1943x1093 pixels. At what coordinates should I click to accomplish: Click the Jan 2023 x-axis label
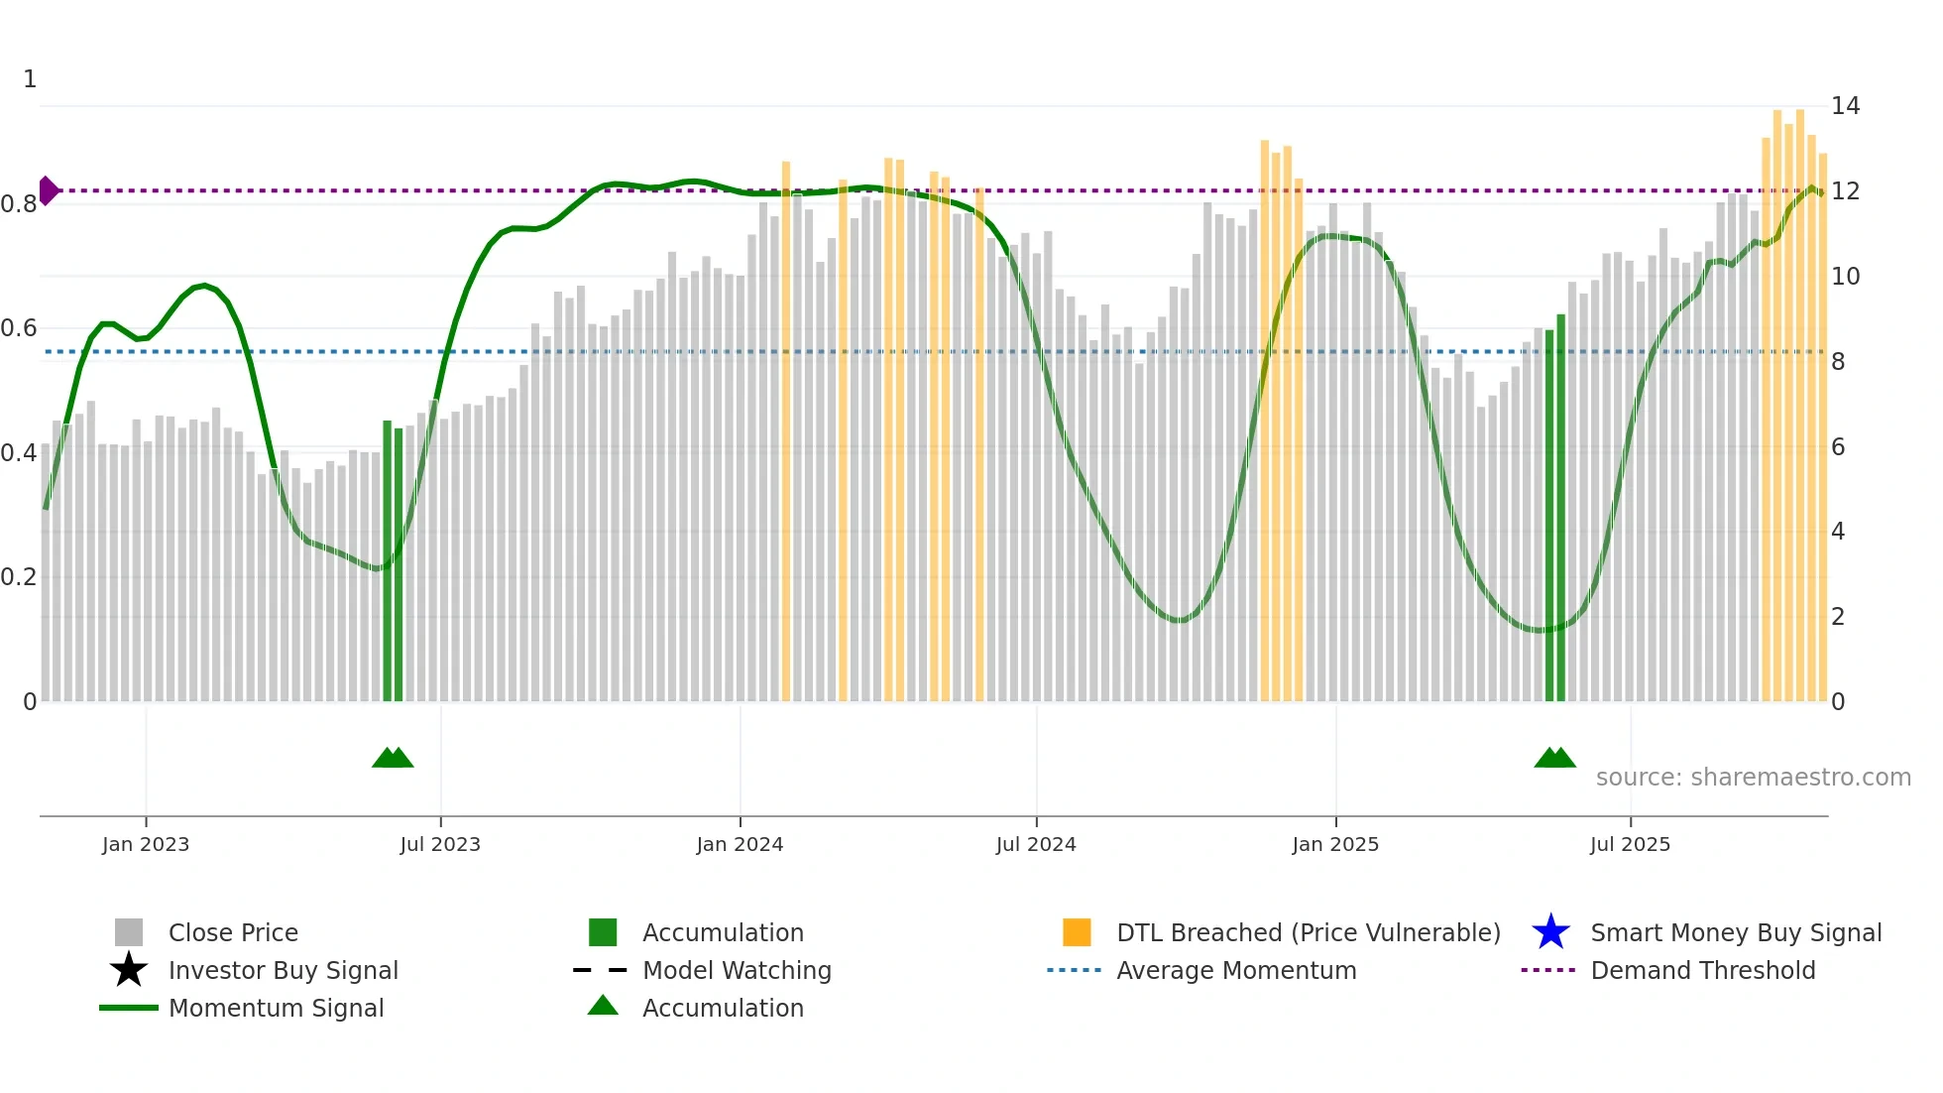146,844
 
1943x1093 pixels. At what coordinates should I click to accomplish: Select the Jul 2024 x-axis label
1036,844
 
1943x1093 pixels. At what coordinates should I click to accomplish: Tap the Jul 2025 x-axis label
1630,844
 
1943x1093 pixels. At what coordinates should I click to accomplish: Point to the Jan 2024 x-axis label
740,844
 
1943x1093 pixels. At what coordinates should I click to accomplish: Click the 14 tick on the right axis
1845,106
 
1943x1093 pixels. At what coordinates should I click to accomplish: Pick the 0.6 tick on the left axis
20,327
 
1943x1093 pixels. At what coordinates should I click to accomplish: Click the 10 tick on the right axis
1845,277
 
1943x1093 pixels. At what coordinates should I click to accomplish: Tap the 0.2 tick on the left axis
20,577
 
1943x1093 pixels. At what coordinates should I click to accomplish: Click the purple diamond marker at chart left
48,190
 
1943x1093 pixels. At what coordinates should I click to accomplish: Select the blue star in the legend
1550,932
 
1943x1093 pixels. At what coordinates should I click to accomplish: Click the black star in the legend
129,970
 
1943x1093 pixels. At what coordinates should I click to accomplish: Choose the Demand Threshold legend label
1702,970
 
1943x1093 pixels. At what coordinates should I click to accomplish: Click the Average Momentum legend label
1236,970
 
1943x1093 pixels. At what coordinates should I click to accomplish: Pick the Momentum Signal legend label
276,1008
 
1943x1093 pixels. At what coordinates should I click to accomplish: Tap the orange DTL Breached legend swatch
1077,932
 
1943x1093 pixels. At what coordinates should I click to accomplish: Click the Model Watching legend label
737,970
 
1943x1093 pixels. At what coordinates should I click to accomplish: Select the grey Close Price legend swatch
129,932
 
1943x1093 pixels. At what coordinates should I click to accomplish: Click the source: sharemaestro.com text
1753,778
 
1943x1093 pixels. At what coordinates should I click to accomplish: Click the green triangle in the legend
603,1006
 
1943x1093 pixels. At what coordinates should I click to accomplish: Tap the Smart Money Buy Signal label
1736,932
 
